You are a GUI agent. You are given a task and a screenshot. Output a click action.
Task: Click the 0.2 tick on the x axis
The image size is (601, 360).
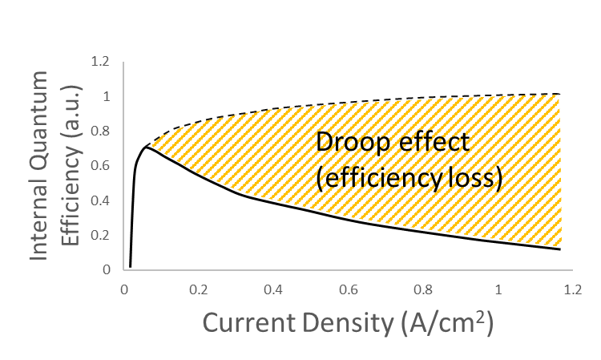[x=198, y=288]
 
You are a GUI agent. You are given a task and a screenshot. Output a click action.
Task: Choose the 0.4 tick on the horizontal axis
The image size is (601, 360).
[x=272, y=288]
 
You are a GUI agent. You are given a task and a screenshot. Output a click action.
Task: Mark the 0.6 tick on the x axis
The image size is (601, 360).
[x=348, y=288]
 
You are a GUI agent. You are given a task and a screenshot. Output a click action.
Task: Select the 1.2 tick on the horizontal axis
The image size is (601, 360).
[x=572, y=288]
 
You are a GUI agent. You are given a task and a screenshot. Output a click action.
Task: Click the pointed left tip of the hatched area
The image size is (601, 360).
[x=151, y=144]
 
